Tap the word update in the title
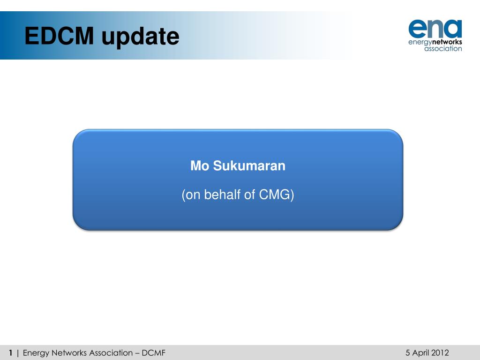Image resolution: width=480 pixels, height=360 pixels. click(140, 37)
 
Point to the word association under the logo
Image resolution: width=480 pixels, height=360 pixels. click(443, 49)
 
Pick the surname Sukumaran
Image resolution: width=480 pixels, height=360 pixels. click(249, 166)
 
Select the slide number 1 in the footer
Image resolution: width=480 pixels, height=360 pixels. click(10, 353)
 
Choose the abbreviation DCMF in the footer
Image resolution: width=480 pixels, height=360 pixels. click(154, 353)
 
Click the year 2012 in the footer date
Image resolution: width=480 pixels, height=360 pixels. click(440, 353)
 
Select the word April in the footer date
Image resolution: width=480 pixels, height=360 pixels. click(420, 353)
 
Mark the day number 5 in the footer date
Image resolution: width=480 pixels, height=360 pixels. click(408, 353)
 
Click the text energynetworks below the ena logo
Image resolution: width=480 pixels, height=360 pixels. click(435, 42)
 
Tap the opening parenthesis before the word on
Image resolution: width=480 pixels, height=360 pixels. click(183, 195)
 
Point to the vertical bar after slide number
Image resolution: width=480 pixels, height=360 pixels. click(18, 353)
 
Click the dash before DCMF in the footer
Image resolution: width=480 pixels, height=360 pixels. click(138, 353)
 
